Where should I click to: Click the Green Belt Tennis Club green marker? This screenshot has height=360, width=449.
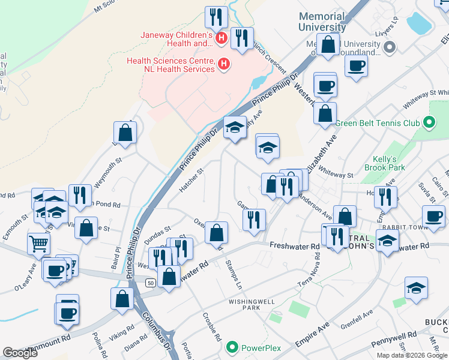coord(428,124)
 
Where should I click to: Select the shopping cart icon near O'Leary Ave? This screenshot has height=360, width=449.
coord(38,244)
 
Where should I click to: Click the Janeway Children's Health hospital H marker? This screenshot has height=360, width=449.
coord(221,39)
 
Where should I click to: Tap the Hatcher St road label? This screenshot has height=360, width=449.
coord(192,180)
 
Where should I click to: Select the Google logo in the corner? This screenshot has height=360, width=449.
coord(20,353)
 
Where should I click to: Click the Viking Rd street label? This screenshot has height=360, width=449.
coord(122,331)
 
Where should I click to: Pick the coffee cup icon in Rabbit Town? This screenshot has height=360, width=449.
coord(433,215)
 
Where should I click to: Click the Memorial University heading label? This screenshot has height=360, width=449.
coord(322,22)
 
